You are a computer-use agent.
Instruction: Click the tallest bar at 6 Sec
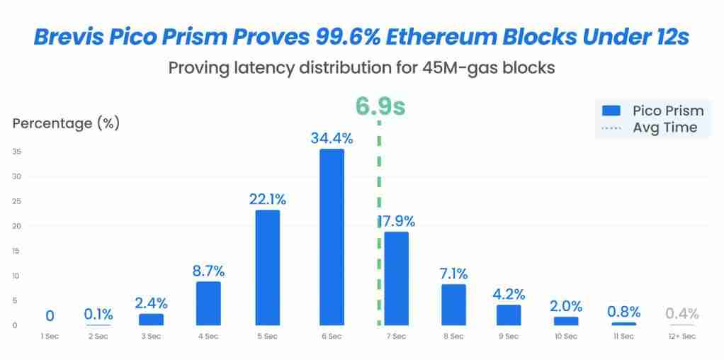coord(332,237)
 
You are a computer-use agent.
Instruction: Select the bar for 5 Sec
coord(267,267)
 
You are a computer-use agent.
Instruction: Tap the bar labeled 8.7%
coord(208,303)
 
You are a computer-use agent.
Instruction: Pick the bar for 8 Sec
coord(453,304)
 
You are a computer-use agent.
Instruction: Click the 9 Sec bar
coord(509,314)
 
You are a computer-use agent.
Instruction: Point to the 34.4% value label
coord(332,138)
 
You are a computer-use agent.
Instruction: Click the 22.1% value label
coord(267,200)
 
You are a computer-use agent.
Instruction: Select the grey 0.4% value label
coord(681,313)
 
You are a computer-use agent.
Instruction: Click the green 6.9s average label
coord(380,106)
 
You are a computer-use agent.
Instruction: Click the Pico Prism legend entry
coord(652,111)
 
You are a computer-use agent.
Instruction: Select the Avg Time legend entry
coord(652,128)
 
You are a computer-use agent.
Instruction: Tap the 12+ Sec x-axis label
coord(682,336)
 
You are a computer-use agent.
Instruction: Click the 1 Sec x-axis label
coord(50,336)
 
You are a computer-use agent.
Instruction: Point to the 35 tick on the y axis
coord(16,152)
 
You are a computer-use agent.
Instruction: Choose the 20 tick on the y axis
coord(16,226)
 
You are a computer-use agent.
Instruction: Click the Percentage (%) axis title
coord(66,123)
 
